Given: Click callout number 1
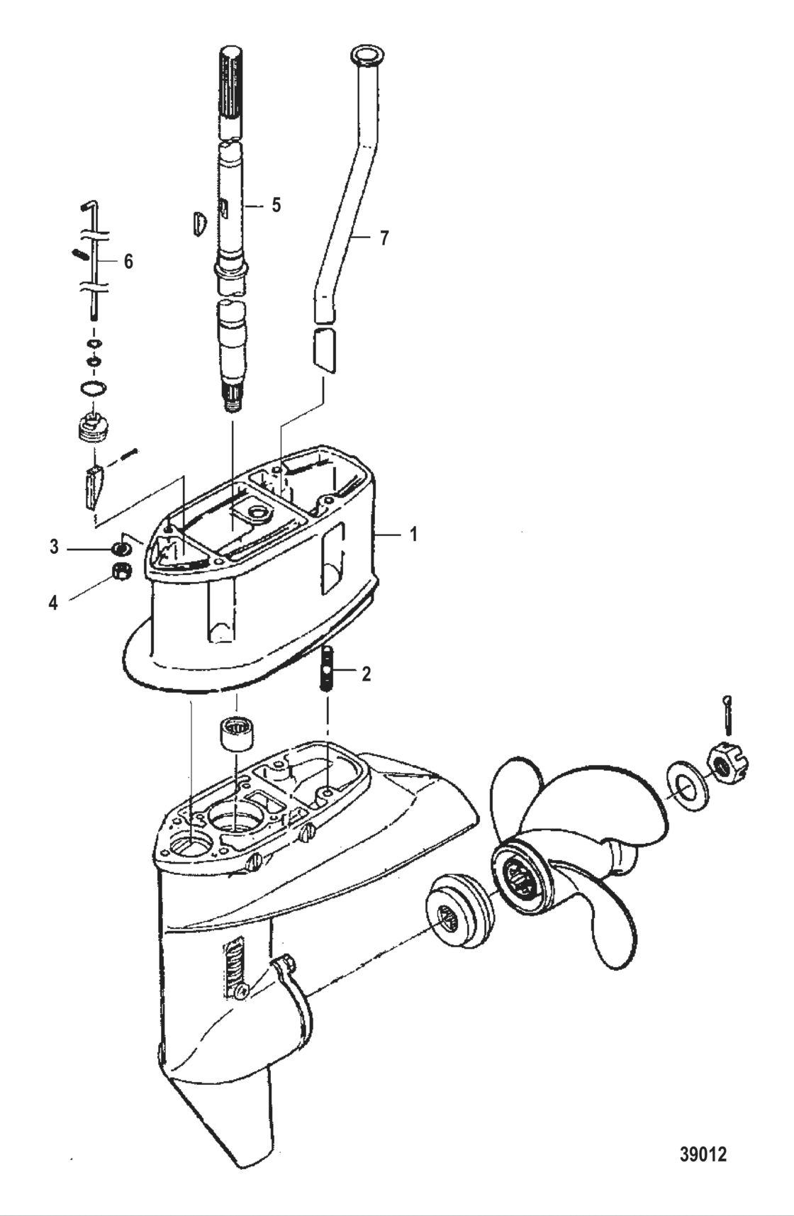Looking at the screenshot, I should click(x=414, y=533).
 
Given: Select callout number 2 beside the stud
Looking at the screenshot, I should click(x=366, y=674).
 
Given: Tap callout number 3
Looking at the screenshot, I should click(x=54, y=547).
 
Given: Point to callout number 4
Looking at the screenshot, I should click(x=53, y=603).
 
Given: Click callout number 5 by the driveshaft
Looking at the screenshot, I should click(x=276, y=206).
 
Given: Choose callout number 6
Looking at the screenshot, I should click(x=128, y=262).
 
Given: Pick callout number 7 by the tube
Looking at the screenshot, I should click(x=384, y=238).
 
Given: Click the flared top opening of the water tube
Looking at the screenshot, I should click(x=366, y=54).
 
